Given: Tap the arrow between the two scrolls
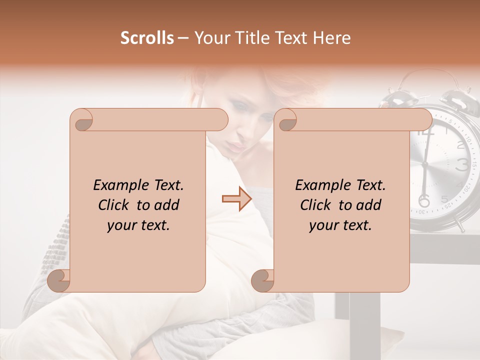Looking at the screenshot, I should [236, 199].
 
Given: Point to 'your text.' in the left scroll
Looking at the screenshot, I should [138, 225].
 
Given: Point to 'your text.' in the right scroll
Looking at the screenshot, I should [340, 225].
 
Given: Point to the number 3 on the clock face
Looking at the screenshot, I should [463, 164].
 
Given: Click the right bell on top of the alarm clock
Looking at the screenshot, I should [456, 97].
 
